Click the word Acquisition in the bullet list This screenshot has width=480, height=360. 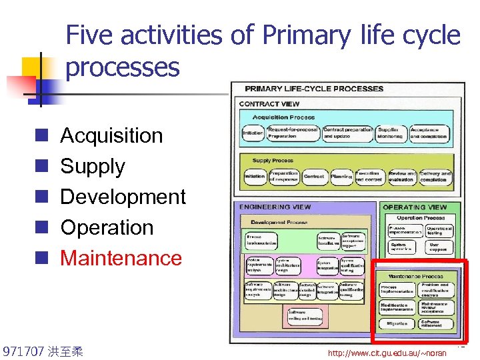[111, 135]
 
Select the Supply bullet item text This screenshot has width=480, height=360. [93, 166]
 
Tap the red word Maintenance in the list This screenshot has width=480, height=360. [121, 258]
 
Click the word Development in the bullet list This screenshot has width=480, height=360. [123, 197]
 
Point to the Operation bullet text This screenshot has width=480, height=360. [107, 227]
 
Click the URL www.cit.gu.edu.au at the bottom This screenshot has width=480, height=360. [387, 352]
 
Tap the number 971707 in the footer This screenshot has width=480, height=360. [23, 351]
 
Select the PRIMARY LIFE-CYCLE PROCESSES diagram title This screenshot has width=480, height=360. [314, 89]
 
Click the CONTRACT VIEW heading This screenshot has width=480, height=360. [269, 104]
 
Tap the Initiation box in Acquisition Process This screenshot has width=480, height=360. [253, 133]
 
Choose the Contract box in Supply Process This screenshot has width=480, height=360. [313, 177]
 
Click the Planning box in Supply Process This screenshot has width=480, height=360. [341, 177]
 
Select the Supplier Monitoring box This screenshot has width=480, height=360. [391, 132]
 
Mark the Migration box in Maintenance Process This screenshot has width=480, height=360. [397, 324]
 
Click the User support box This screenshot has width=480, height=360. [438, 247]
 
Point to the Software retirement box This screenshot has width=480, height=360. [435, 324]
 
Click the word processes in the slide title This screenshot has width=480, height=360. [123, 67]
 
